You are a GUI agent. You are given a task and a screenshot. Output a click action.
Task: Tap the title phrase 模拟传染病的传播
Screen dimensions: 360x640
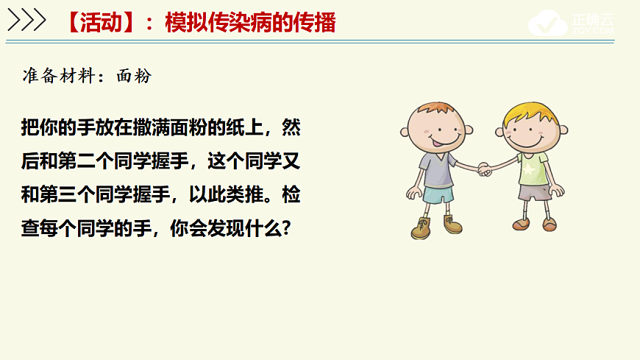pyautogui.click(x=250, y=23)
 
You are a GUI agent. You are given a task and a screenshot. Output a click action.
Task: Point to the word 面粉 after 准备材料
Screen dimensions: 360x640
pyautogui.click(x=133, y=76)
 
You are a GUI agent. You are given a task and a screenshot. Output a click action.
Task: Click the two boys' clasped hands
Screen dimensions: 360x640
pyautogui.click(x=483, y=169)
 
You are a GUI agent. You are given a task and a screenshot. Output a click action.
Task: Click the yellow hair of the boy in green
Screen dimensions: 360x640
pyautogui.click(x=529, y=110)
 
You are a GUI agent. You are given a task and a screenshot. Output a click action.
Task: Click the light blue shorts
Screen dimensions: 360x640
pyautogui.click(x=438, y=196)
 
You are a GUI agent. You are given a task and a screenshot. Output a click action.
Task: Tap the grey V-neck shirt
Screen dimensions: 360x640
pyautogui.click(x=437, y=168)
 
